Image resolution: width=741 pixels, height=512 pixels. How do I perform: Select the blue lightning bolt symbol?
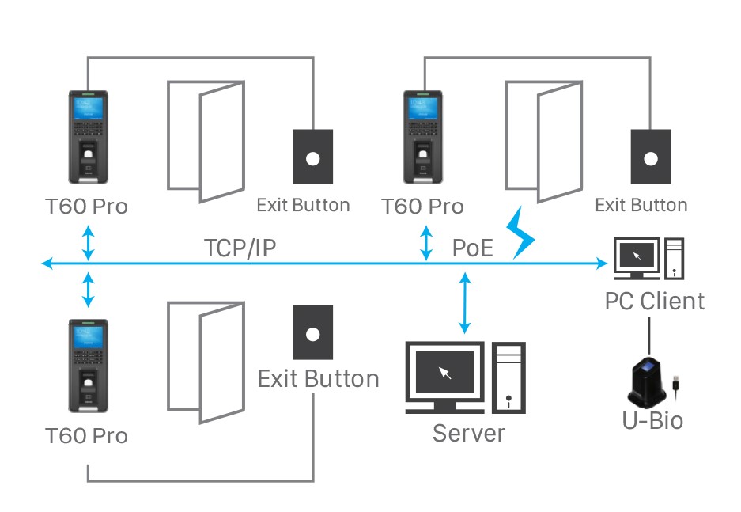[522, 233]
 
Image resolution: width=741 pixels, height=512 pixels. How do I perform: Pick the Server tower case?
[508, 377]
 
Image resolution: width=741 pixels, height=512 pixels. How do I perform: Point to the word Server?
[468, 433]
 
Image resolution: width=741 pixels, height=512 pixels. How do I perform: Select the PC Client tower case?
[674, 258]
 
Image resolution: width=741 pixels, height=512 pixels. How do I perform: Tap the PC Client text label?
[654, 301]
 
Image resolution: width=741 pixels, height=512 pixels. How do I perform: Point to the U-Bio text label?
[652, 420]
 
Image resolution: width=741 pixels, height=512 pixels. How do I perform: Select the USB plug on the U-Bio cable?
[678, 383]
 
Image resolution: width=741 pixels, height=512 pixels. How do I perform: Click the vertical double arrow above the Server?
[466, 302]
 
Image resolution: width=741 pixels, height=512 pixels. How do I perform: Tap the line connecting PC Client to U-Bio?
[649, 336]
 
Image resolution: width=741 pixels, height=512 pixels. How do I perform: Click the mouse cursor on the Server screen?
[445, 372]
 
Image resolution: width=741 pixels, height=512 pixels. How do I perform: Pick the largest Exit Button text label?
[318, 378]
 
